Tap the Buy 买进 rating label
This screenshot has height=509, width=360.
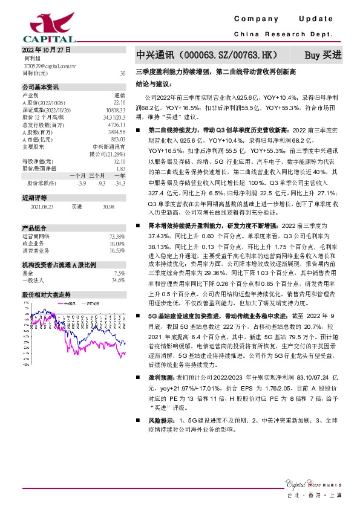[322, 55]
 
